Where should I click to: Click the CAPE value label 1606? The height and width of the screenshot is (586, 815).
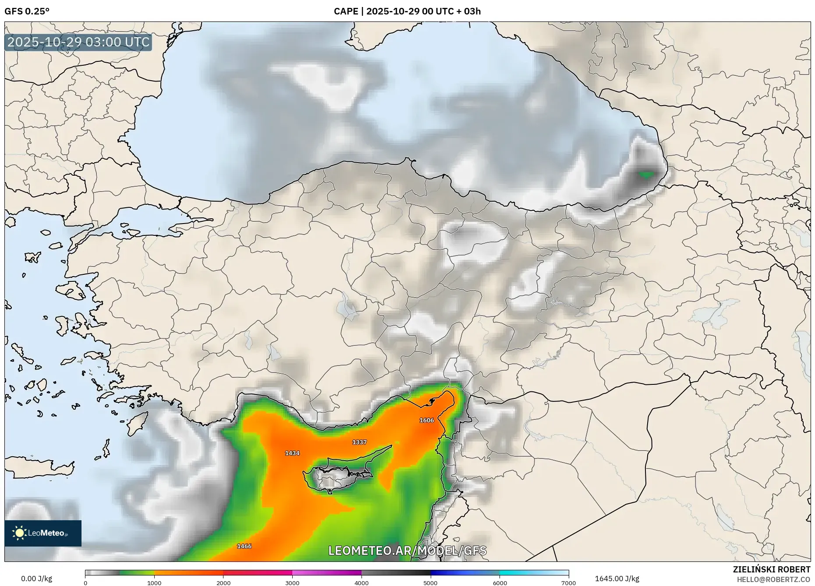pyautogui.click(x=426, y=420)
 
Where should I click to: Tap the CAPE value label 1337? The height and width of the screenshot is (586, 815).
pyautogui.click(x=359, y=442)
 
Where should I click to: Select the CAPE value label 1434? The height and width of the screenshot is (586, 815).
pyautogui.click(x=292, y=453)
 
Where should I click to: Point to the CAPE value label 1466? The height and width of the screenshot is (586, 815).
pyautogui.click(x=244, y=546)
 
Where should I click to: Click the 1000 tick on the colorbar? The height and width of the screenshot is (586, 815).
pyautogui.click(x=154, y=583)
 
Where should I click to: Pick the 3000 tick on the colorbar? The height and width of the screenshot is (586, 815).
pyautogui.click(x=292, y=583)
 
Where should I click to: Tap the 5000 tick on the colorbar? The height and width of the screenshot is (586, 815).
pyautogui.click(x=430, y=583)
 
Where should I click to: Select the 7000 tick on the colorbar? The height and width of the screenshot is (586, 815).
pyautogui.click(x=568, y=583)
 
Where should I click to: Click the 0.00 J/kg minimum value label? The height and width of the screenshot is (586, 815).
pyautogui.click(x=36, y=579)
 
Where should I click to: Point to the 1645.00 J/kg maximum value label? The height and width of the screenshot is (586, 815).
pyautogui.click(x=617, y=579)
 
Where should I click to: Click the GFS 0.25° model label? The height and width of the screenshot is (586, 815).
pyautogui.click(x=27, y=11)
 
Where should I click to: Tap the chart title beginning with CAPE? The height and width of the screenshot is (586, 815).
pyautogui.click(x=407, y=11)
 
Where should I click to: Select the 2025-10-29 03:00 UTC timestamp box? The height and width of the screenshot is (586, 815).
pyautogui.click(x=78, y=42)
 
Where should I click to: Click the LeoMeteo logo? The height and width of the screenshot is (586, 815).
pyautogui.click(x=43, y=533)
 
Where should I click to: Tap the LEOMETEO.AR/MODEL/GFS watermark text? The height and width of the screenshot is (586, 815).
pyautogui.click(x=407, y=550)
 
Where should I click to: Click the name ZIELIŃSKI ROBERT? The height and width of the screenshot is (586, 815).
pyautogui.click(x=772, y=569)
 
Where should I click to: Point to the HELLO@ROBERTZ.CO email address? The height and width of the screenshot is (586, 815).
pyautogui.click(x=773, y=579)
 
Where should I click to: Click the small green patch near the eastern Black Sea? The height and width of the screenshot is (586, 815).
pyautogui.click(x=646, y=174)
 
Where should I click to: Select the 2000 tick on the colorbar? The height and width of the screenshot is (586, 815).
pyautogui.click(x=223, y=583)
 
